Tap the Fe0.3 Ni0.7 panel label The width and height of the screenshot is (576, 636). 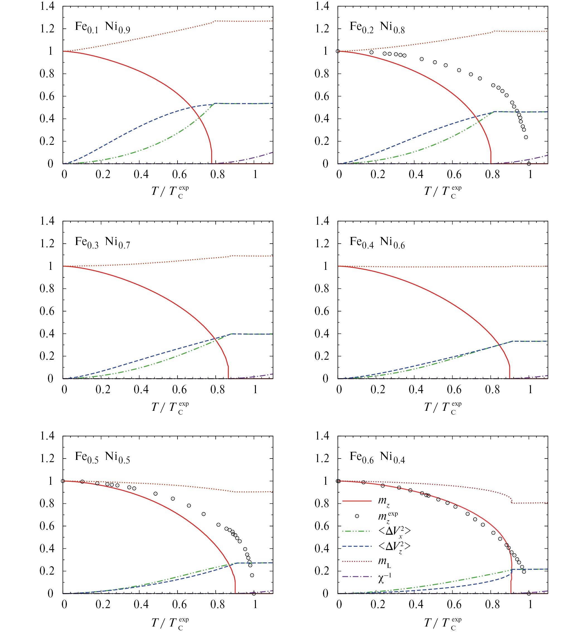[102, 242]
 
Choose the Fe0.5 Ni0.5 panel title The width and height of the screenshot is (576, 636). [102, 457]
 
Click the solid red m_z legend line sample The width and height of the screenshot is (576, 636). [357, 501]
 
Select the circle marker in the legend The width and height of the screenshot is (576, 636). [357, 516]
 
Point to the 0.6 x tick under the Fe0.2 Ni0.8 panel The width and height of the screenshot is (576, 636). [454, 174]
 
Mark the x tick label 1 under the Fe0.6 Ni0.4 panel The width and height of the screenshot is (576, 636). [530, 604]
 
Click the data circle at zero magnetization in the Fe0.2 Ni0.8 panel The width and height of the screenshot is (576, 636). [529, 164]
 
